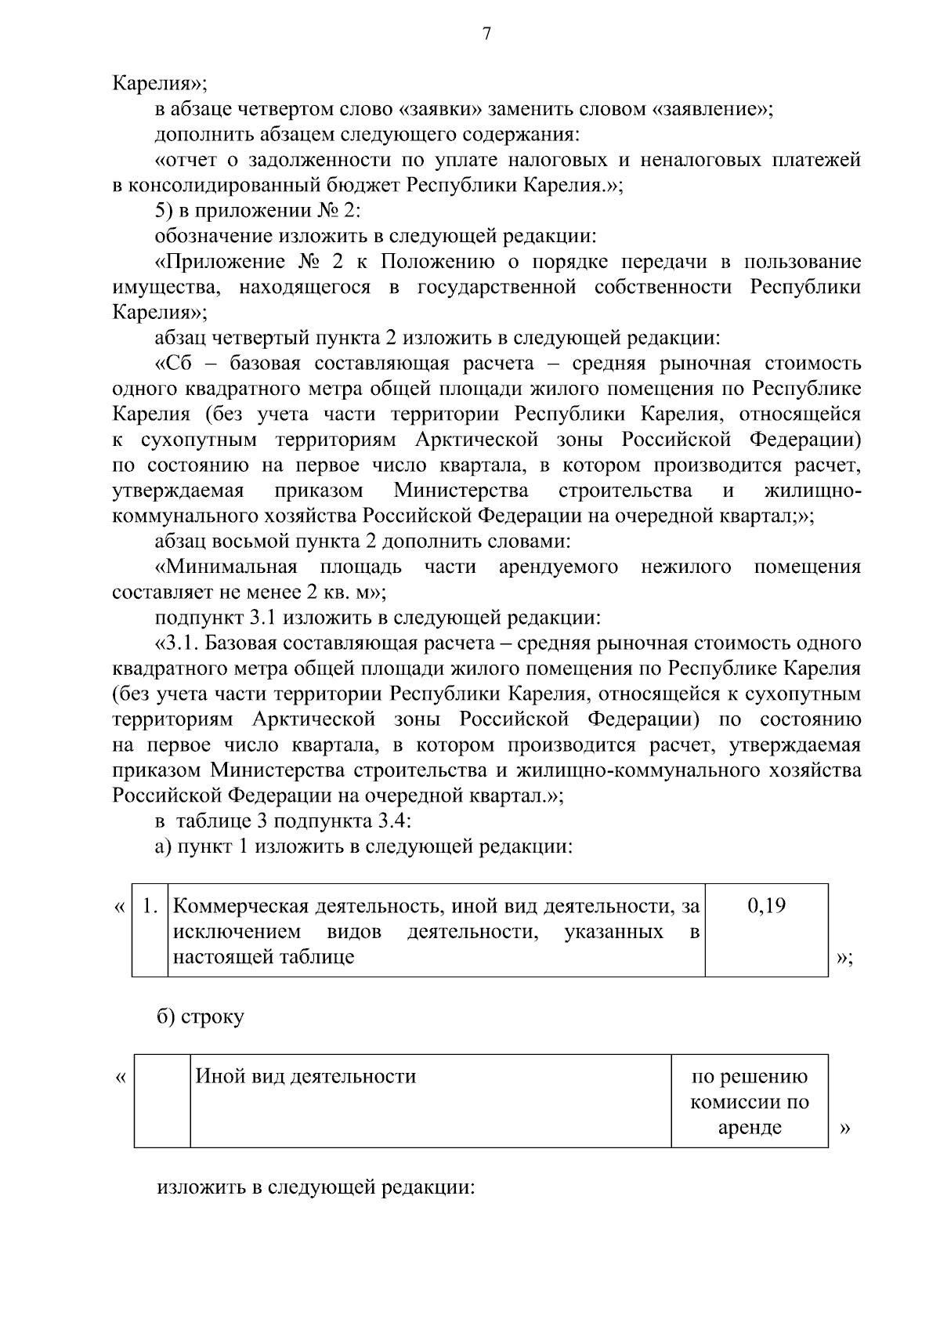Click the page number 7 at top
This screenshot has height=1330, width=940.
pyautogui.click(x=486, y=34)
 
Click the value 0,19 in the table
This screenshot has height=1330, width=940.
pyautogui.click(x=767, y=907)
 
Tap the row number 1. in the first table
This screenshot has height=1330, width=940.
pyautogui.click(x=150, y=907)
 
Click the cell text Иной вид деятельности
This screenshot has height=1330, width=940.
pyautogui.click(x=305, y=1077)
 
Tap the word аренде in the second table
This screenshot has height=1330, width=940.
pyautogui.click(x=750, y=1128)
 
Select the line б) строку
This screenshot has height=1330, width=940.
pyautogui.click(x=201, y=1017)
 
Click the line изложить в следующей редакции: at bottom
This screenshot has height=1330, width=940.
pyautogui.click(x=316, y=1187)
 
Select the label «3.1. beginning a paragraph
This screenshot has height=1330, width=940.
pyautogui.click(x=177, y=643)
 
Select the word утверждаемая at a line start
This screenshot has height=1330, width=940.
pyautogui.click(x=179, y=491)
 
